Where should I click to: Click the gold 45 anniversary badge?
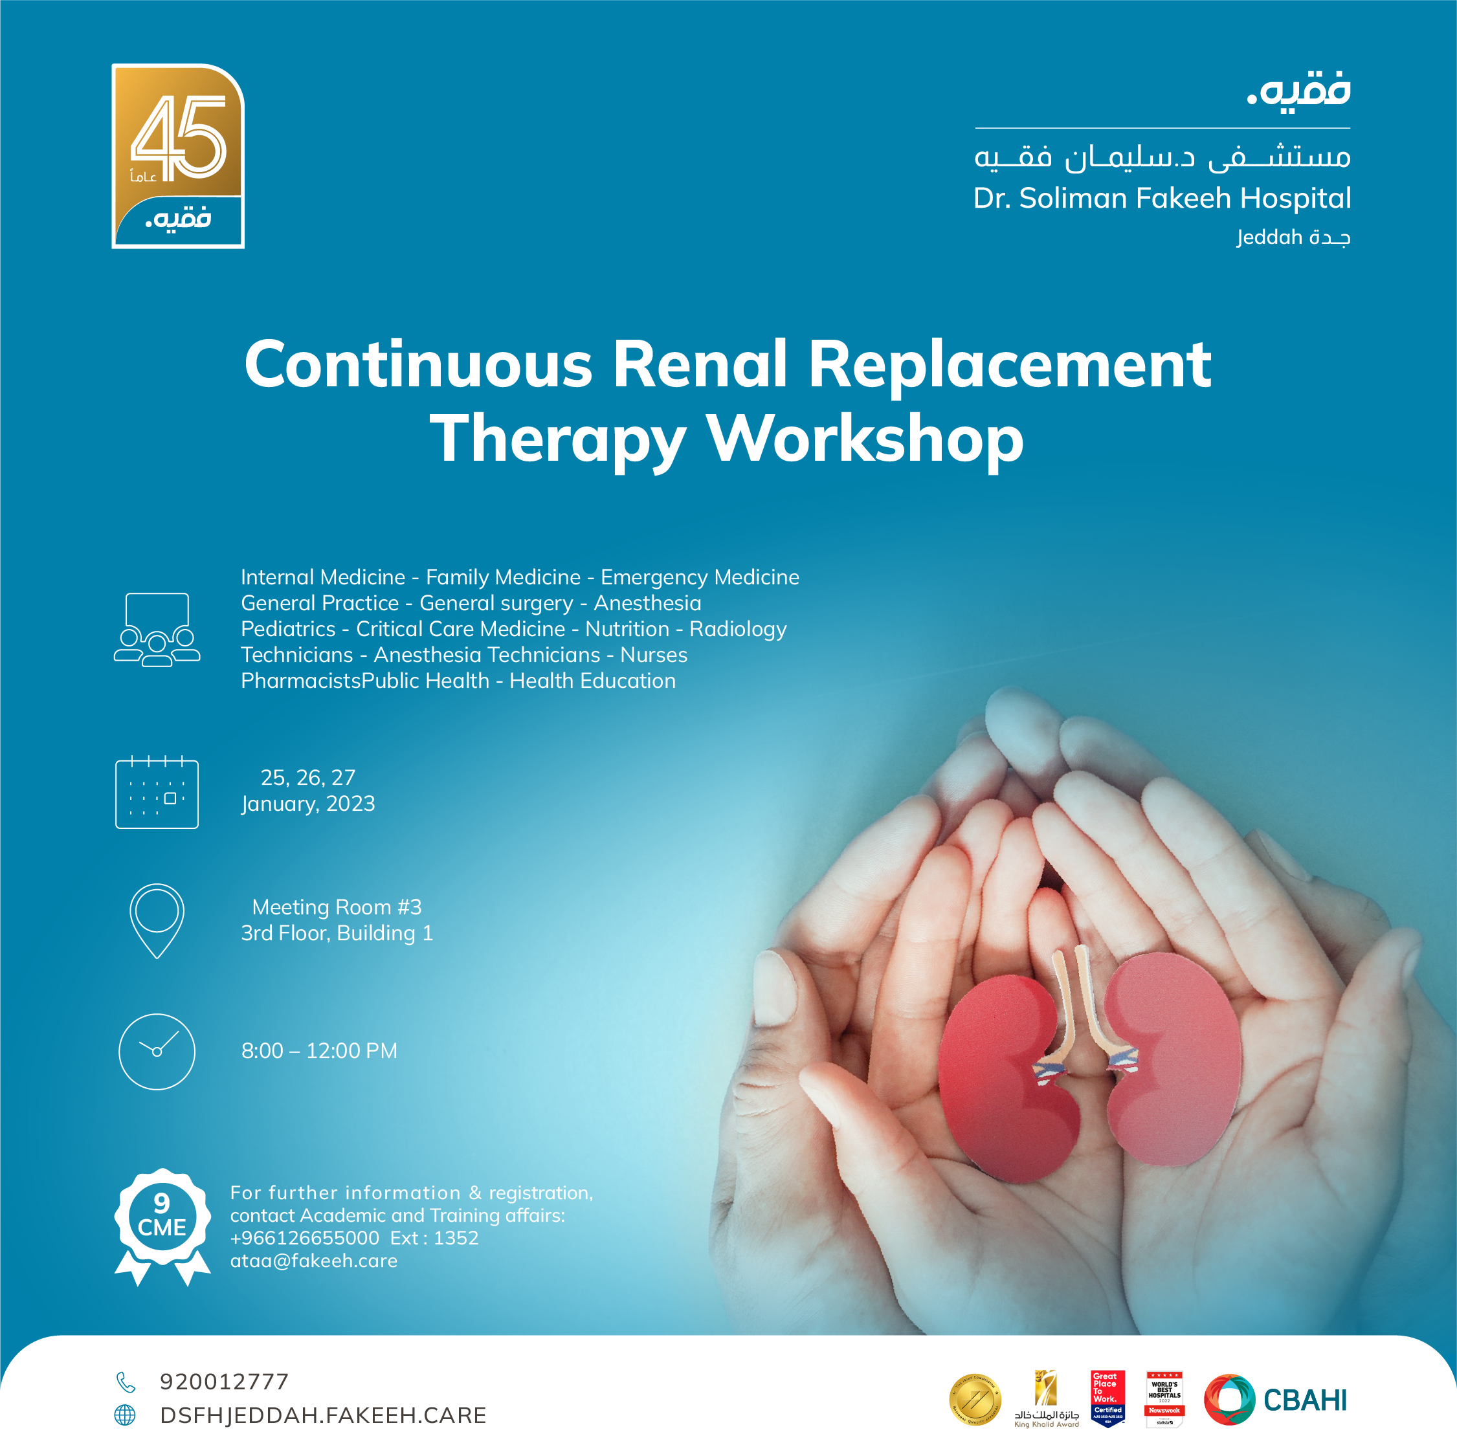[x=178, y=155]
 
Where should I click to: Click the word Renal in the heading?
[x=699, y=365]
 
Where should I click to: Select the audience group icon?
[x=157, y=630]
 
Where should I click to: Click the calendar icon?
[x=157, y=793]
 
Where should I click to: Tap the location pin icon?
[x=157, y=920]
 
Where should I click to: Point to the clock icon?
[x=157, y=1051]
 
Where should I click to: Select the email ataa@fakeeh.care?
[x=314, y=1261]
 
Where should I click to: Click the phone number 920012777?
[x=224, y=1382]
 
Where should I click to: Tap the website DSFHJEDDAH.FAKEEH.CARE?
[x=323, y=1415]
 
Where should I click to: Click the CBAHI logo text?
[x=1305, y=1400]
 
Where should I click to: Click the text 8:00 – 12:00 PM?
[x=319, y=1050]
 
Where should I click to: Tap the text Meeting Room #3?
[x=337, y=907]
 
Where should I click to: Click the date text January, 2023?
[x=307, y=804]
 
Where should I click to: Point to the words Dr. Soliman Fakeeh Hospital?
[x=1161, y=198]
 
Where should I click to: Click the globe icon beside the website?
[x=125, y=1415]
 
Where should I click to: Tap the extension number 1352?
[x=456, y=1238]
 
